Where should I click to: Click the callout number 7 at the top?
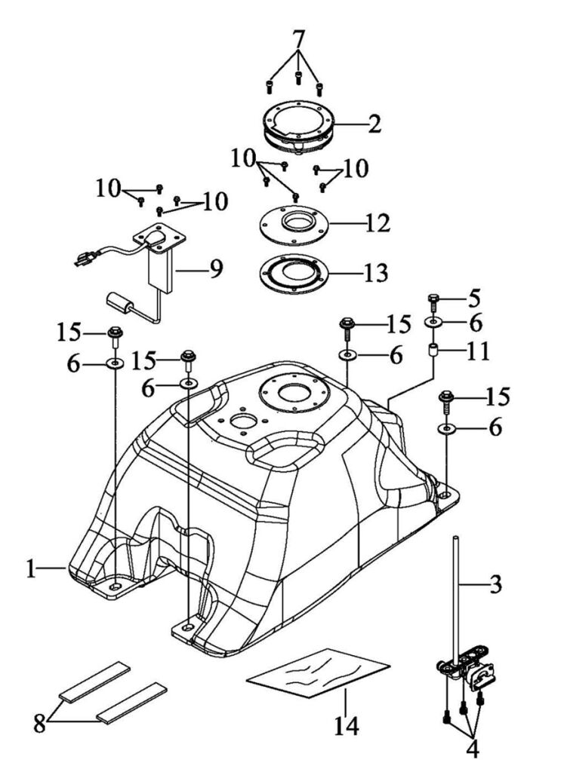[299, 38]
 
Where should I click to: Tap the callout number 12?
[378, 223]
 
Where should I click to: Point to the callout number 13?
[376, 273]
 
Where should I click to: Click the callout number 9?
[217, 269]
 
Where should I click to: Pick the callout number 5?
[473, 298]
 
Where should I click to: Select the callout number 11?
[478, 352]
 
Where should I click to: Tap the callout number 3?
[495, 584]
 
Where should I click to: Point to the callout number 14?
[347, 726]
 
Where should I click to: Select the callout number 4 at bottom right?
[472, 749]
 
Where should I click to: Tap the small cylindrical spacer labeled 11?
[433, 351]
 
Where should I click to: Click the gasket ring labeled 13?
[294, 274]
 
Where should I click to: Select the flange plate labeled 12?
[294, 224]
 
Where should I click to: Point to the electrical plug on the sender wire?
[86, 258]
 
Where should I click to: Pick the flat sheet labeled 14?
[318, 672]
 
